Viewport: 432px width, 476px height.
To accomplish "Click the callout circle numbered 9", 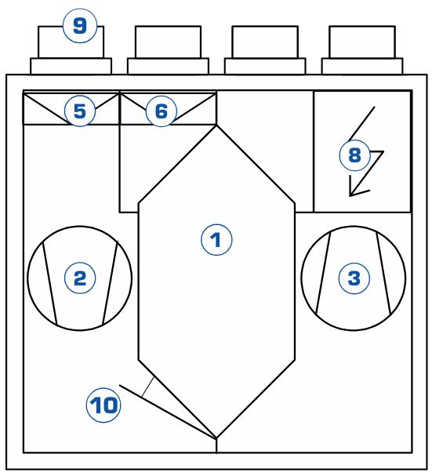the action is (80, 26).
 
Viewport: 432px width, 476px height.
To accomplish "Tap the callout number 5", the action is (80, 111).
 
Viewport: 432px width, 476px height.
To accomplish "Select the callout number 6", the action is (162, 111).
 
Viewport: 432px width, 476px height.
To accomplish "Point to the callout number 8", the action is (354, 154).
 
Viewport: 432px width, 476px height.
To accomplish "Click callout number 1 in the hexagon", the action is (216, 240).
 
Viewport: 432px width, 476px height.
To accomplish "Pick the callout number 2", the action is (80, 278).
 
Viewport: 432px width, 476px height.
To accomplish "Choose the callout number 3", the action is (354, 278).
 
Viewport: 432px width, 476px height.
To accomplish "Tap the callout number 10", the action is (103, 405).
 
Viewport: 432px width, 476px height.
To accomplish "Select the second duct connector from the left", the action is (168, 50).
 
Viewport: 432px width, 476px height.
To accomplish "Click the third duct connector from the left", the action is (265, 50).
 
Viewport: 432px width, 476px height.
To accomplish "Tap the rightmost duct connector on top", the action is (362, 50).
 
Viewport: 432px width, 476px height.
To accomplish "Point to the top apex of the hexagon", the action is (216, 125).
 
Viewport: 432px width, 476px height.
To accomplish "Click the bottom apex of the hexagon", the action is (216, 438).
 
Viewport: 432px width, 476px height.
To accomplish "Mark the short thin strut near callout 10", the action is (148, 387).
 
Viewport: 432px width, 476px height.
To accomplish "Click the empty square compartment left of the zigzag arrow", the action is (265, 151).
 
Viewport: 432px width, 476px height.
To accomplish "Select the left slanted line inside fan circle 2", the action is (50, 283).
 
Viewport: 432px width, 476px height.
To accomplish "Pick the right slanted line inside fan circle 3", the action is (383, 273).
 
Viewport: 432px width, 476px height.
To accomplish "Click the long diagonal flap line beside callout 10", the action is (168, 412).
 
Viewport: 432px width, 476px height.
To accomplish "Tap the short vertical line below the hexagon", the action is (216, 445).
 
